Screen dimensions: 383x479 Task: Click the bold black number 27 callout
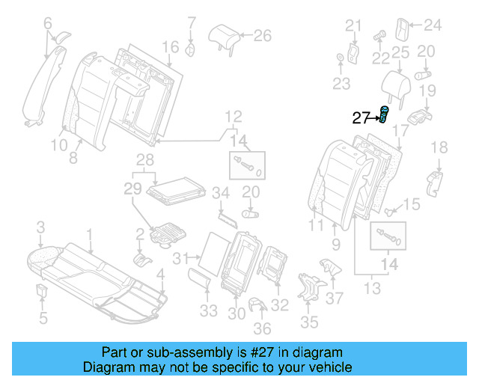[361, 117]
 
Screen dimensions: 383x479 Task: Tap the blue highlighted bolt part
[385, 115]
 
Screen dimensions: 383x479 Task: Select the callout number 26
[262, 34]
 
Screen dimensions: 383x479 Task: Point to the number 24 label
[433, 25]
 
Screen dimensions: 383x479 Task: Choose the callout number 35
[309, 322]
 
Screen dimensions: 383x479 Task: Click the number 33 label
[209, 310]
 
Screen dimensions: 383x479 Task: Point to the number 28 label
[144, 159]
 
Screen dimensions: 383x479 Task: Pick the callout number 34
[220, 194]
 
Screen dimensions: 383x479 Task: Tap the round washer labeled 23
[341, 58]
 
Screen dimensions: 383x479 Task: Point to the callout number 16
[171, 47]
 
